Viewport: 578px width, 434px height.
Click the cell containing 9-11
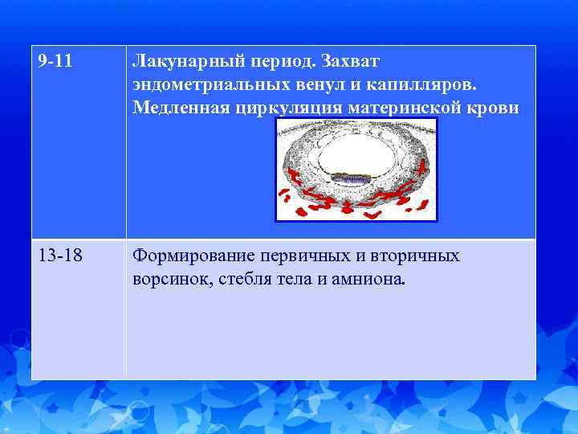[x=78, y=141]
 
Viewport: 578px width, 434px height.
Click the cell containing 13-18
[x=78, y=309]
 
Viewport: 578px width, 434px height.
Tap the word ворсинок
[x=169, y=280]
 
